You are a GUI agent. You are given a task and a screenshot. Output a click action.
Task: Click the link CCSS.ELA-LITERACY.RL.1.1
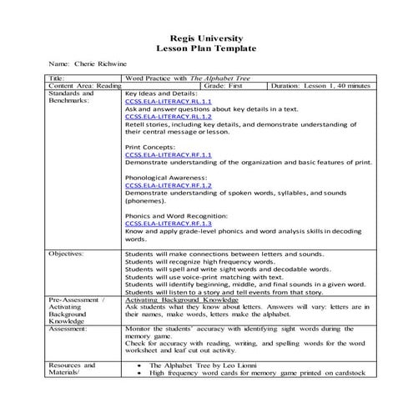click(x=158, y=101)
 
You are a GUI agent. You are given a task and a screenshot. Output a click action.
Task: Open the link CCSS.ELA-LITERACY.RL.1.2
click(x=158, y=117)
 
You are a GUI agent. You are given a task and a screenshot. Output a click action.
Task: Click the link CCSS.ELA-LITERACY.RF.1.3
click(x=158, y=224)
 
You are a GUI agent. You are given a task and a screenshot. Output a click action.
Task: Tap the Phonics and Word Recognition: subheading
click(x=174, y=216)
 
